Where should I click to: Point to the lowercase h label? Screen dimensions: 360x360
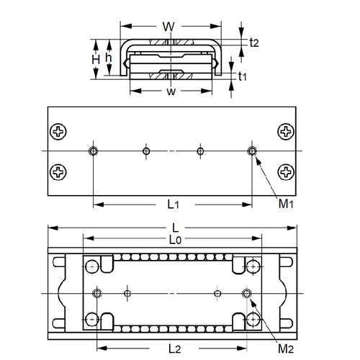click(x=109, y=58)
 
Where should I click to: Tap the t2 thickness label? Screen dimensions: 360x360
click(x=253, y=42)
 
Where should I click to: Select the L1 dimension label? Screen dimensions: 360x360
click(x=173, y=204)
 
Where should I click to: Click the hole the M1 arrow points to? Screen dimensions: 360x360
click(x=252, y=150)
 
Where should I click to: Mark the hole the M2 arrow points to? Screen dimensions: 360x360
click(x=247, y=292)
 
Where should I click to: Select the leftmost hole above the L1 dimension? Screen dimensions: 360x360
click(x=93, y=150)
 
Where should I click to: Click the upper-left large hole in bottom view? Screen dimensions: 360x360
click(x=91, y=267)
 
